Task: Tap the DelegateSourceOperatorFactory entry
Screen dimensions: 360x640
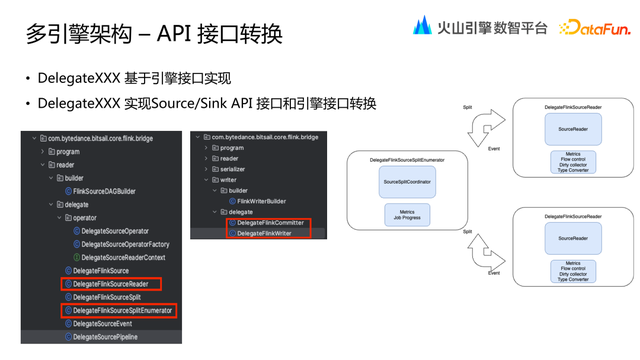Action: [124, 244]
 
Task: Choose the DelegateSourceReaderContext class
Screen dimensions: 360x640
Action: [123, 257]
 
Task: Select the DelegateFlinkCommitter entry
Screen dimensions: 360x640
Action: [270, 223]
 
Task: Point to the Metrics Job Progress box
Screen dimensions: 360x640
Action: [407, 215]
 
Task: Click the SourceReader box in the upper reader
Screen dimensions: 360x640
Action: [572, 129]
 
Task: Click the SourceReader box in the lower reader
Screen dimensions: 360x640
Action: [572, 238]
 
